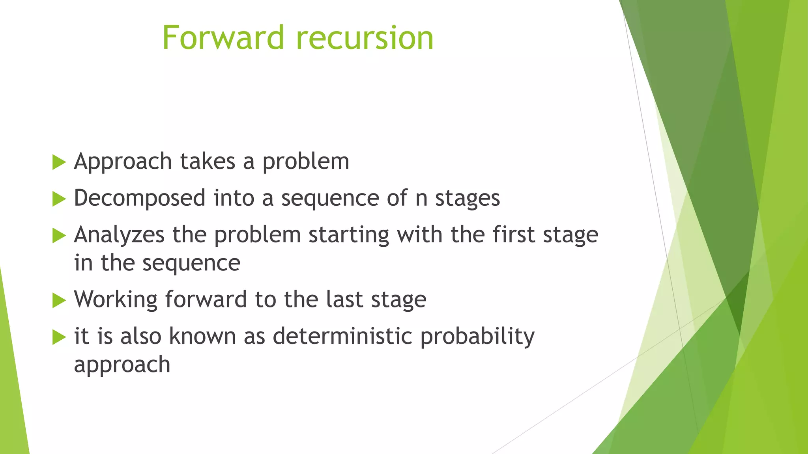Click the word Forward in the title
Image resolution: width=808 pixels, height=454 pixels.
coord(223,38)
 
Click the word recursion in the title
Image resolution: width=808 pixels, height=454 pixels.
coord(365,38)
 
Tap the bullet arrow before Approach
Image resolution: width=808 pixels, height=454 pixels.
coord(58,162)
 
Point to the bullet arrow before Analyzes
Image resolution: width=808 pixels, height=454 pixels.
coord(58,235)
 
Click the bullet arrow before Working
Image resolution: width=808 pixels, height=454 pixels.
coord(58,300)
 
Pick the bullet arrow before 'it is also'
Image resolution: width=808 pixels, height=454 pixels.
coord(58,337)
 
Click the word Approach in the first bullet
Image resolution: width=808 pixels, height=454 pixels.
coord(123,162)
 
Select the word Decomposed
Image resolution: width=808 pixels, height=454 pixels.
coord(139,198)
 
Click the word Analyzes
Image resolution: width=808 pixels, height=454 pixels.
coord(119,235)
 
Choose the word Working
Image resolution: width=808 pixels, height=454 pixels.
coord(116,300)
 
